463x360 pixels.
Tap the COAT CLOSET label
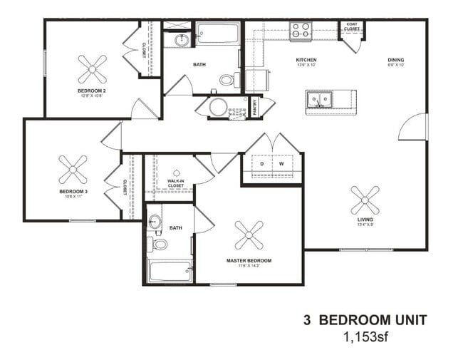pyautogui.click(x=352, y=26)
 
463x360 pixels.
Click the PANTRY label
pyautogui.click(x=254, y=107)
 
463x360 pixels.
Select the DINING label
pyautogui.click(x=396, y=60)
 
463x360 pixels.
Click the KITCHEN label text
pyautogui.click(x=306, y=60)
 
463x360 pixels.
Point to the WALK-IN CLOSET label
pyautogui.click(x=176, y=183)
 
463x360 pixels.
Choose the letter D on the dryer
pyautogui.click(x=261, y=164)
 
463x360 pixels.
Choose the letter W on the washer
pyautogui.click(x=281, y=164)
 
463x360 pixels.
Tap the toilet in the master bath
pyautogui.click(x=160, y=245)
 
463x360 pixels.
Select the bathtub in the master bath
pyautogui.click(x=170, y=272)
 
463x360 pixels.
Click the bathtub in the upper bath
pyautogui.click(x=217, y=34)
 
